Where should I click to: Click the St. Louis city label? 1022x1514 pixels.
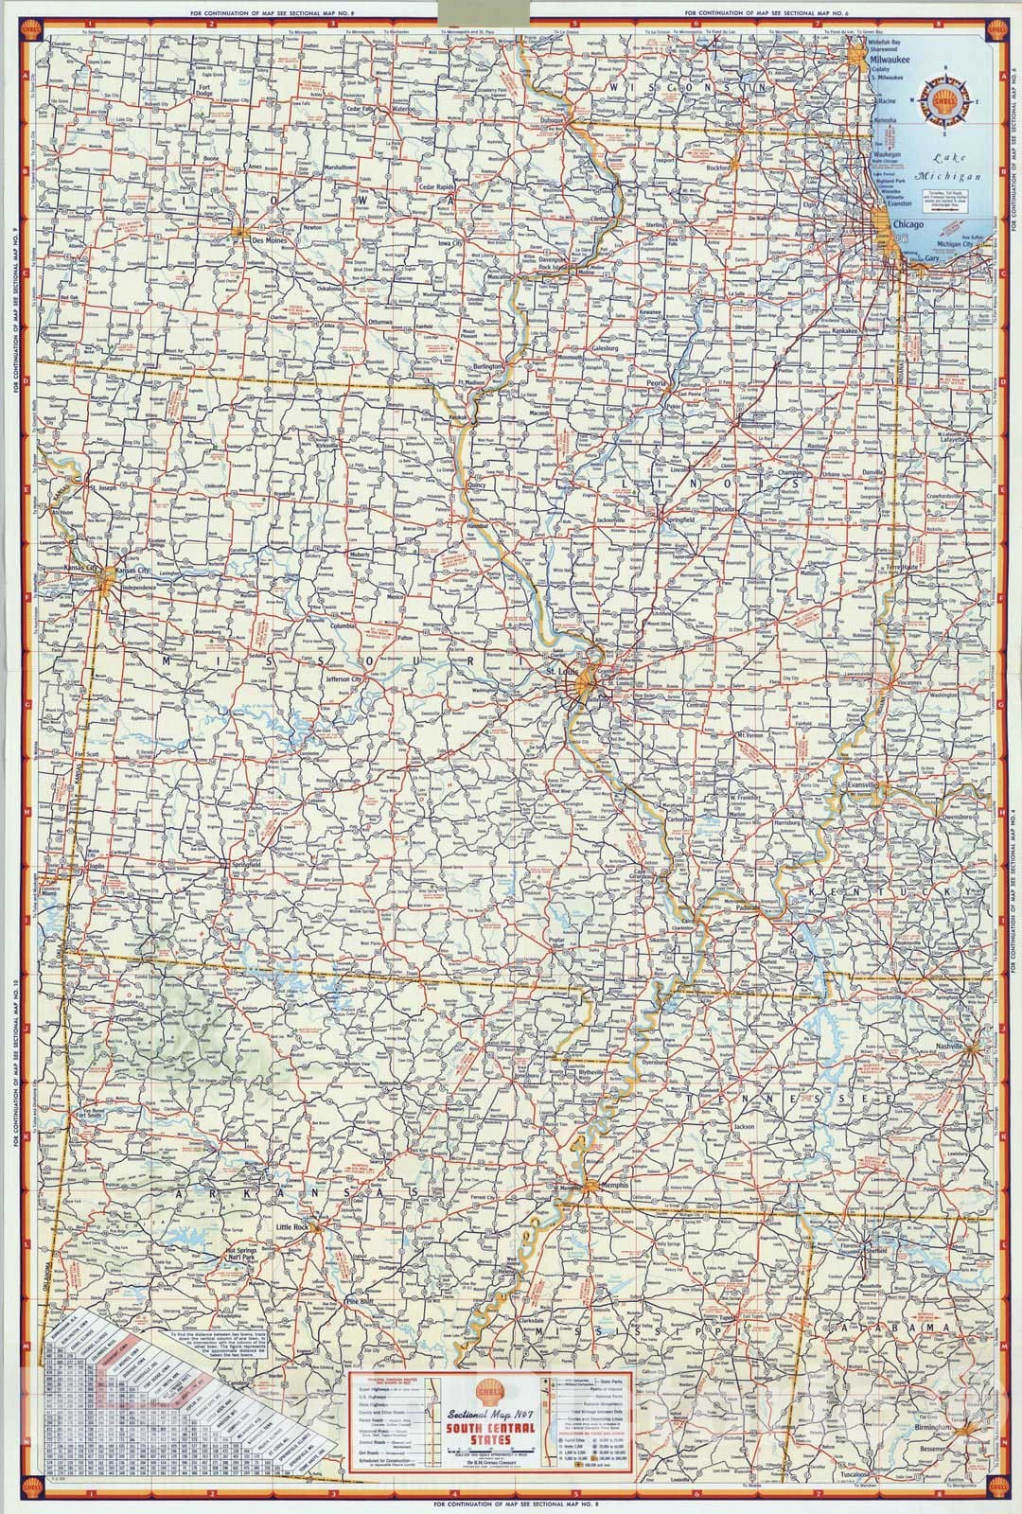[x=561, y=672]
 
